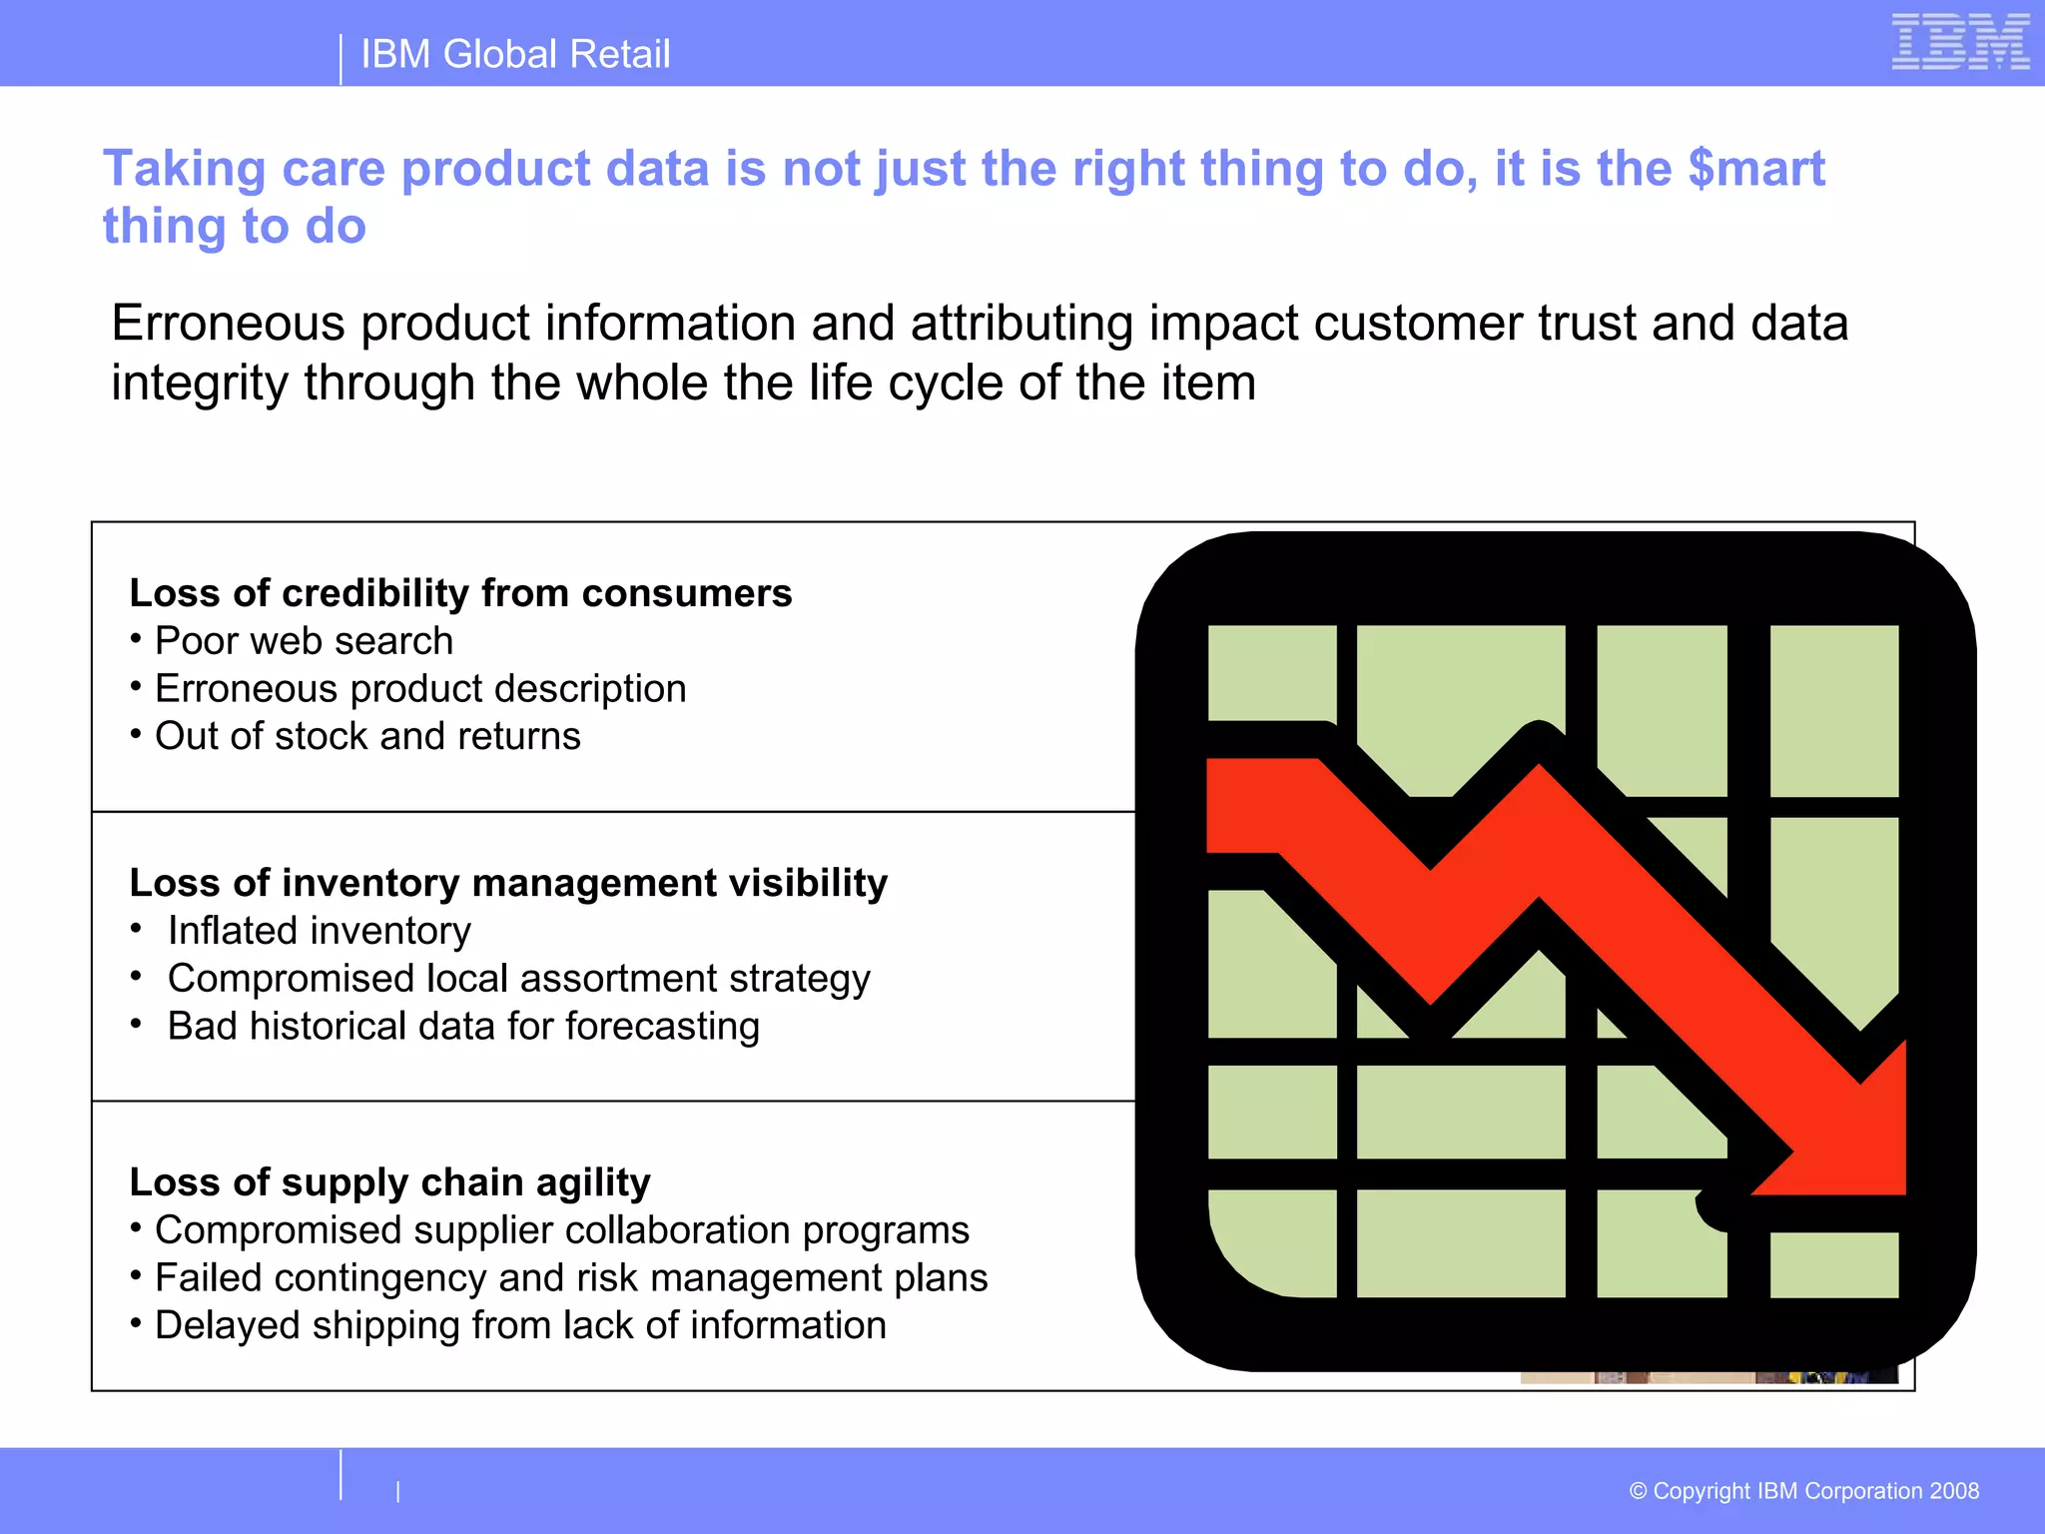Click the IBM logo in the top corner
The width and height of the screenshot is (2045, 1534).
coord(1960,42)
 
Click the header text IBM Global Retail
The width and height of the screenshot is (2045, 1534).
coord(514,54)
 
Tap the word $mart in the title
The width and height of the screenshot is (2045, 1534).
coord(1755,168)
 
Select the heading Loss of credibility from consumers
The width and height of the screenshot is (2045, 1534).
coord(460,593)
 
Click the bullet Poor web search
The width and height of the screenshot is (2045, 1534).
coord(304,641)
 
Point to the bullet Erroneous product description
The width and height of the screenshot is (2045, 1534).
coord(419,689)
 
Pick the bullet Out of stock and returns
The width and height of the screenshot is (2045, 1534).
coord(366,736)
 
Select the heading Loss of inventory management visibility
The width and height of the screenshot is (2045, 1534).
coord(508,883)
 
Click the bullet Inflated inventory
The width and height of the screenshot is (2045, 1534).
coord(319,931)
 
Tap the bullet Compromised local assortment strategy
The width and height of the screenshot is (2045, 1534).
coord(518,979)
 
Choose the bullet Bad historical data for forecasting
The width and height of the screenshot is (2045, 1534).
coord(463,1027)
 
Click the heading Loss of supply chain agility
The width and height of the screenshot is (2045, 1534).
coord(389,1182)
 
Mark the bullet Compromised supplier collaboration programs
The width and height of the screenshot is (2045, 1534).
coord(561,1230)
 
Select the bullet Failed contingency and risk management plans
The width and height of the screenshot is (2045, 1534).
coord(570,1278)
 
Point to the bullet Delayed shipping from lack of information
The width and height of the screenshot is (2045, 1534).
coord(519,1325)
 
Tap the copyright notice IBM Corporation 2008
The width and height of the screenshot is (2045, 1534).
coord(1803,1491)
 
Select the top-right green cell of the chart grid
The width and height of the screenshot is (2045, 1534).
coord(1833,709)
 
